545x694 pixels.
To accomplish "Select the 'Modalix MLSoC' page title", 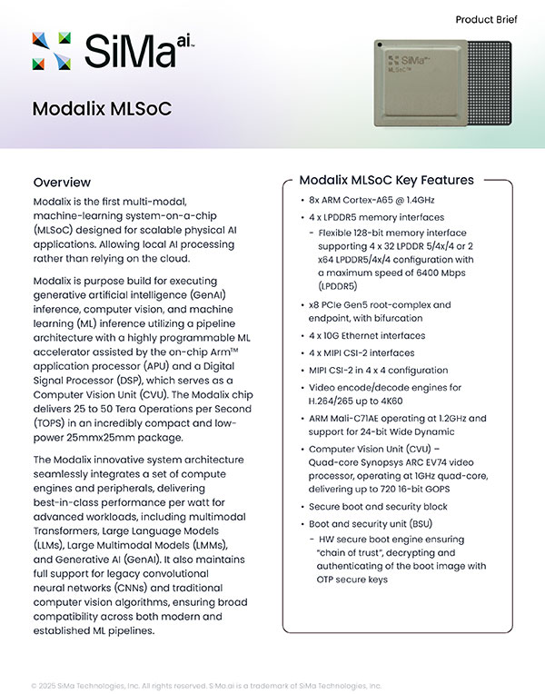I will tap(102, 110).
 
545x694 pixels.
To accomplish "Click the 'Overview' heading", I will tap(62, 182).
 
